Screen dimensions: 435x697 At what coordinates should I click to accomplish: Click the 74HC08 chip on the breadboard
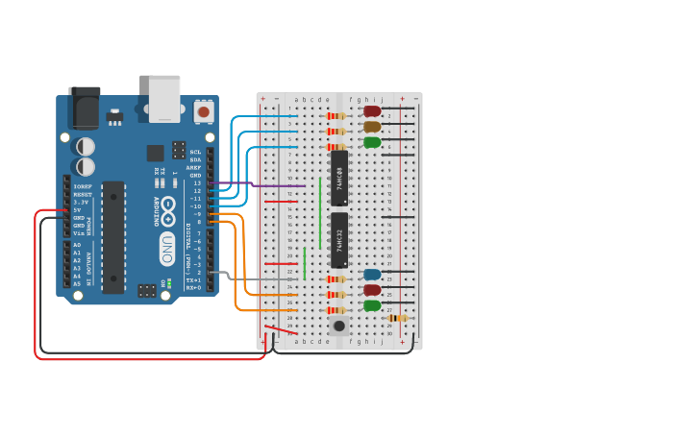pyautogui.click(x=339, y=178)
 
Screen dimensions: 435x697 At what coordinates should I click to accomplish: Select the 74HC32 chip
pyautogui.click(x=339, y=240)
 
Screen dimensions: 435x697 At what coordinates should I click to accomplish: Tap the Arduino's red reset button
pyautogui.click(x=203, y=111)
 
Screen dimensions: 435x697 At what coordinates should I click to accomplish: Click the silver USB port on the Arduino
pyautogui.click(x=164, y=98)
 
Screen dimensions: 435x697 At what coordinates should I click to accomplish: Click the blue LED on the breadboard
pyautogui.click(x=372, y=275)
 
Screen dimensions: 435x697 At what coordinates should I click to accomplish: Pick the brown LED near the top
pyautogui.click(x=372, y=127)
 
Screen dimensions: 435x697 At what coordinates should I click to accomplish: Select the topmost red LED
pyautogui.click(x=372, y=111)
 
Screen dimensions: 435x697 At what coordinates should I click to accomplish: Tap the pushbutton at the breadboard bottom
pyautogui.click(x=338, y=326)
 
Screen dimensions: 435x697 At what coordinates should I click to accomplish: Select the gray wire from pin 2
pyautogui.click(x=245, y=279)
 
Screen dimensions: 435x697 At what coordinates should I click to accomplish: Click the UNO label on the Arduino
pyautogui.click(x=166, y=245)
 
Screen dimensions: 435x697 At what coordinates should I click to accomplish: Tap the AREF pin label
pyautogui.click(x=195, y=167)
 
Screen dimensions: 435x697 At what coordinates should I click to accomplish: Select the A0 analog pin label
pyautogui.click(x=77, y=245)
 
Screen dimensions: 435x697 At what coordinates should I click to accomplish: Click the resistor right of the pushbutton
pyautogui.click(x=397, y=318)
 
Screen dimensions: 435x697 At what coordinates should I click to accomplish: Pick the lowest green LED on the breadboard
pyautogui.click(x=372, y=305)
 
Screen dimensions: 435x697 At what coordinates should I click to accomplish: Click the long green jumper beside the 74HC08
pyautogui.click(x=321, y=211)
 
